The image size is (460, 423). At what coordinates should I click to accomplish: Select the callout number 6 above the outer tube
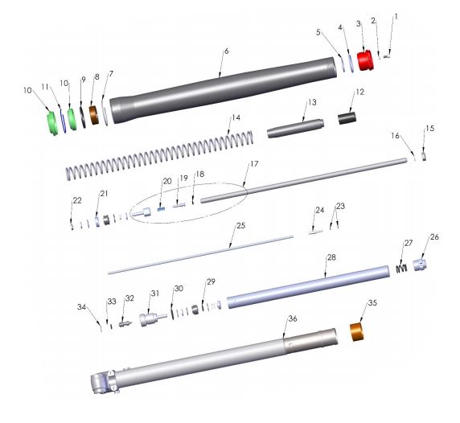227,51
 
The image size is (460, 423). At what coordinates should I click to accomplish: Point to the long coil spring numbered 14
161,157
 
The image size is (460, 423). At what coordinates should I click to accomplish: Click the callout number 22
76,199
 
